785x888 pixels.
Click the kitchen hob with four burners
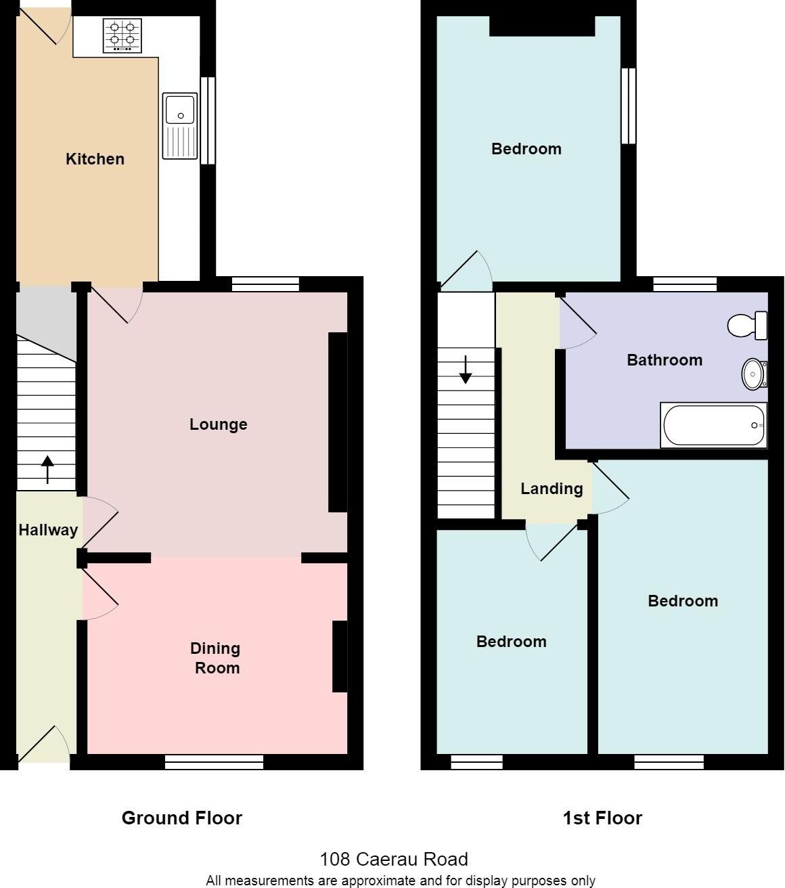tap(122, 35)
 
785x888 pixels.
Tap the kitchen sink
tap(179, 126)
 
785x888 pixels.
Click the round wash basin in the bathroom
tap(753, 374)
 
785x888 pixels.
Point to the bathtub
tap(713, 425)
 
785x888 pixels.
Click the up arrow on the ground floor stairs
tap(47, 470)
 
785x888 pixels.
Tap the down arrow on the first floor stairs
tap(466, 370)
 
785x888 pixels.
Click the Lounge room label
tap(218, 424)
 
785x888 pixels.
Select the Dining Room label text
tap(216, 658)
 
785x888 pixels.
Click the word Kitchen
tap(95, 159)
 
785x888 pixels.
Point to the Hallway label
tap(48, 530)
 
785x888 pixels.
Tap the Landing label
tap(552, 489)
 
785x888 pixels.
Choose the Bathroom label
tap(665, 360)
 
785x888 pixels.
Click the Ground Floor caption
tap(181, 818)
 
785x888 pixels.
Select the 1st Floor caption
tap(602, 818)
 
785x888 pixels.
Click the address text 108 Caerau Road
tap(393, 860)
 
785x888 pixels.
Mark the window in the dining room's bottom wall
tap(214, 762)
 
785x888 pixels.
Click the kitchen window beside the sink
tap(208, 120)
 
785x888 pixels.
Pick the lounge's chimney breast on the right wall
tap(338, 422)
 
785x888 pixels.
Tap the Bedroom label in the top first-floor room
tap(526, 149)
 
